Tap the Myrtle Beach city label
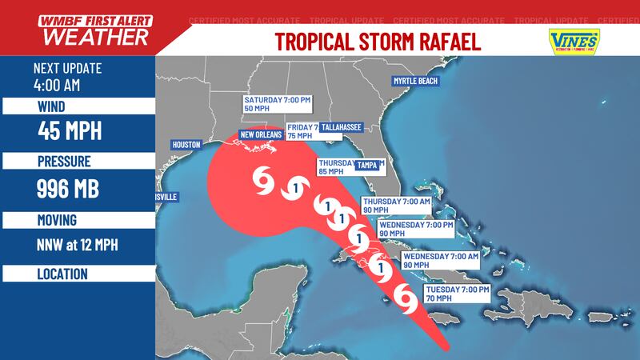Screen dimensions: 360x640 [x=416, y=82]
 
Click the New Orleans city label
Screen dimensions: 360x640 [x=261, y=136]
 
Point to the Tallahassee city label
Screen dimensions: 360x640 [x=341, y=126]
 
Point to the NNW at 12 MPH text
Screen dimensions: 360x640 [x=78, y=244]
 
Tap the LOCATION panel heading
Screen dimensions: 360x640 [x=62, y=274]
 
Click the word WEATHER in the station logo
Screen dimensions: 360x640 [x=94, y=37]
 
